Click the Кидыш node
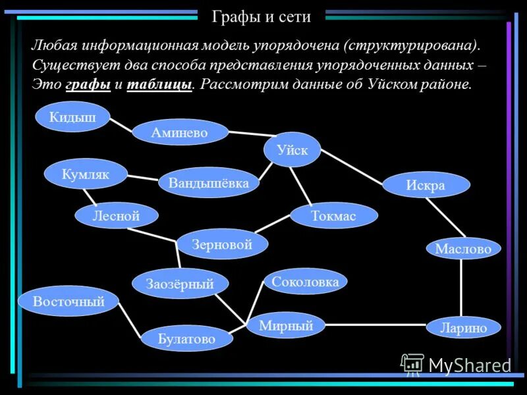72,117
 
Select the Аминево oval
180,132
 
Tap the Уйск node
292,149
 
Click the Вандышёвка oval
209,182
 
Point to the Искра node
426,185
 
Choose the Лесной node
117,215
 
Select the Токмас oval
334,215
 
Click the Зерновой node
222,244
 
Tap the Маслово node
463,249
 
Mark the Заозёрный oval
180,284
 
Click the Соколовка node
305,282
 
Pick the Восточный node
69,302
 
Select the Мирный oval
285,325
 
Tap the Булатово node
186,339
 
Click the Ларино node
463,327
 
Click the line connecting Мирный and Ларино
375,325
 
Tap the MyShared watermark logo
456,365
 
